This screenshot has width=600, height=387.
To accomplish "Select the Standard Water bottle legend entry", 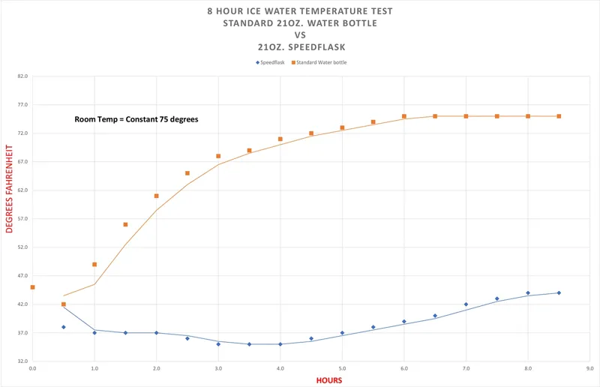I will (320, 62).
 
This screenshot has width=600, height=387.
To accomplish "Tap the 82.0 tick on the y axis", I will (22, 76).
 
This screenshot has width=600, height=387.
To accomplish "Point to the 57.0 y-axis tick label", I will (22, 219).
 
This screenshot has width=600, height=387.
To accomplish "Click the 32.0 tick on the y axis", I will (22, 361).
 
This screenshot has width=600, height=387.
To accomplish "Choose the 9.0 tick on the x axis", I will (589, 369).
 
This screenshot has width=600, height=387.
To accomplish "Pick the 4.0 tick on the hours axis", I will (280, 369).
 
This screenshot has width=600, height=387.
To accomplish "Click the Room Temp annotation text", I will (136, 119).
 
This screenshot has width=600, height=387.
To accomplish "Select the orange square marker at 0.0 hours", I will (32, 287).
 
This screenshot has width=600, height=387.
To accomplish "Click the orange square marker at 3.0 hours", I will (218, 156).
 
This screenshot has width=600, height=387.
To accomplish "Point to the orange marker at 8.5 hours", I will (559, 116).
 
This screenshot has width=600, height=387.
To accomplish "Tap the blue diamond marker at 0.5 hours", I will (64, 327).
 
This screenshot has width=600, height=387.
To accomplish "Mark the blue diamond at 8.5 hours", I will (559, 293).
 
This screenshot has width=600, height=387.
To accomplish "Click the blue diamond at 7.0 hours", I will (466, 304).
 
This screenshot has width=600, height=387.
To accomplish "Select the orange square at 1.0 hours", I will (94, 264).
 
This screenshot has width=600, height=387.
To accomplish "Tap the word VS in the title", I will (299, 34).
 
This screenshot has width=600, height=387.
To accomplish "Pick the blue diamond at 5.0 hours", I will (342, 333).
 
